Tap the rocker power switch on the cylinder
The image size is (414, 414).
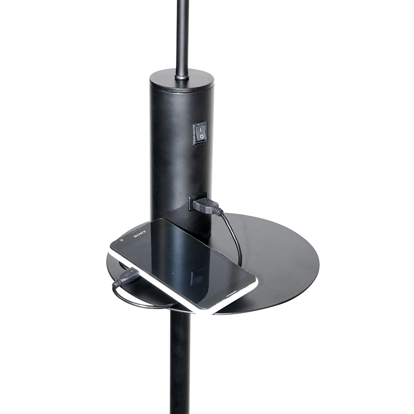point(200,133)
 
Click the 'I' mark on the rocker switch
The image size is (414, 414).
point(201,129)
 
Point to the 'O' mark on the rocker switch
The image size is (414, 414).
point(201,137)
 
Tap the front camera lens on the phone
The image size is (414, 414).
point(121,241)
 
